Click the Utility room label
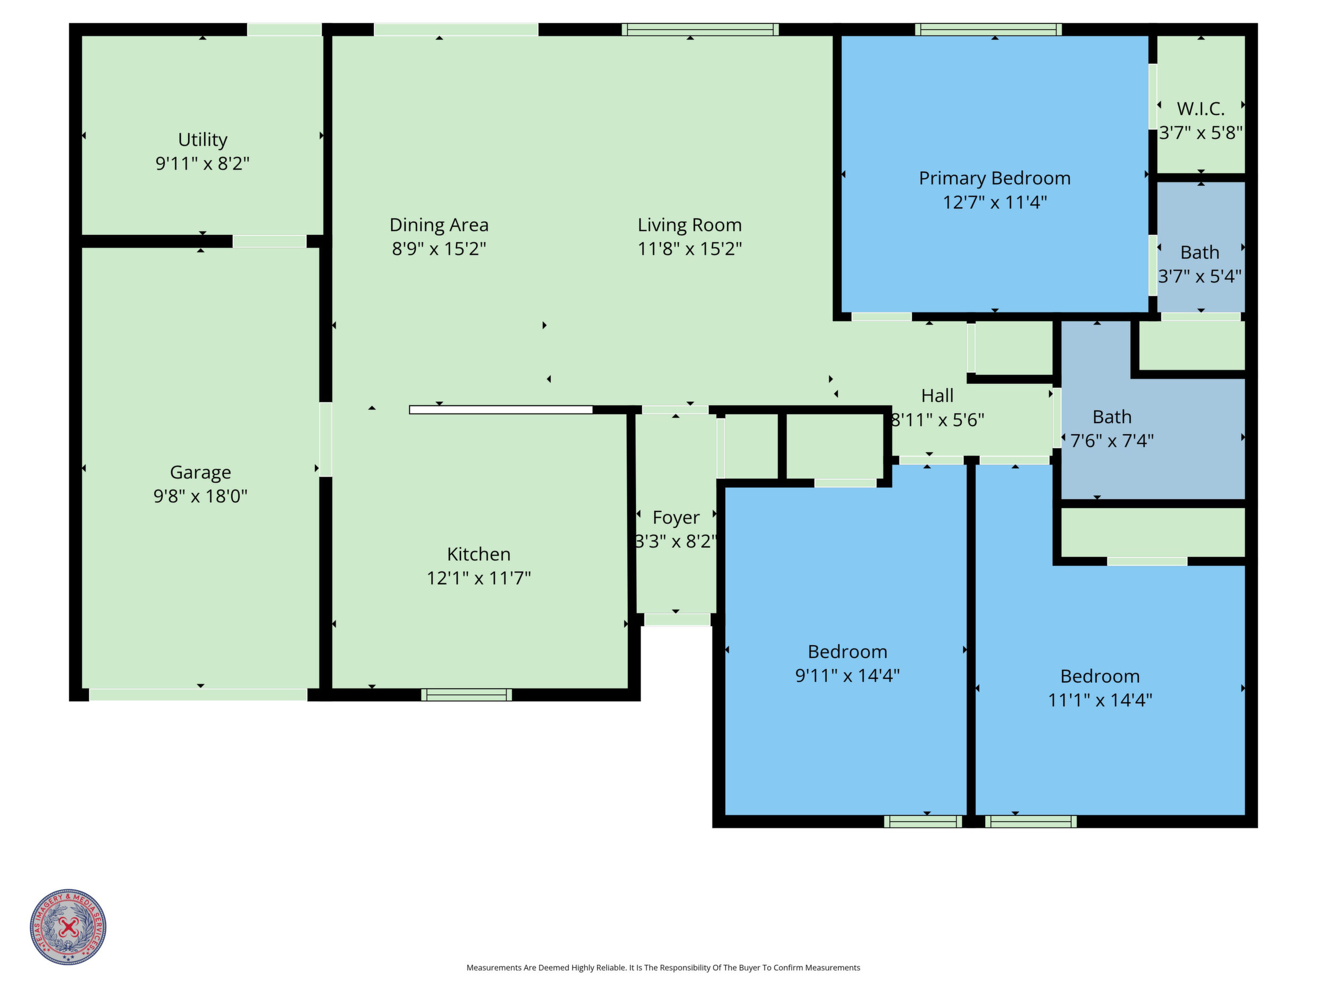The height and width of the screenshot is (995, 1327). pyautogui.click(x=203, y=140)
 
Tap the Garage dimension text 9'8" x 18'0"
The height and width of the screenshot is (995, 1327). pyautogui.click(x=200, y=496)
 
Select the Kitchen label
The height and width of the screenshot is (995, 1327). pyautogui.click(x=478, y=554)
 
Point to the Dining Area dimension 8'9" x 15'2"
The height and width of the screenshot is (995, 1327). pyautogui.click(x=439, y=248)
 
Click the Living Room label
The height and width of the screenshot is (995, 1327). pyautogui.click(x=690, y=225)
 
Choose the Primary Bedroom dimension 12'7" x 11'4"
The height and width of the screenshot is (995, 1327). pyautogui.click(x=995, y=202)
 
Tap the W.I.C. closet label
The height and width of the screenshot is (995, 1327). pyautogui.click(x=1201, y=108)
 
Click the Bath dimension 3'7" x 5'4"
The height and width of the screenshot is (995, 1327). pyautogui.click(x=1200, y=276)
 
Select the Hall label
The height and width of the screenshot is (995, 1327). pyautogui.click(x=937, y=396)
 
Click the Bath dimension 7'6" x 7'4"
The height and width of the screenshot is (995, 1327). pyautogui.click(x=1112, y=441)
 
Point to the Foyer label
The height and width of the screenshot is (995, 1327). pyautogui.click(x=676, y=518)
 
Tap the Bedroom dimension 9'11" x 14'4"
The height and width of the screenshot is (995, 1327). pyautogui.click(x=847, y=676)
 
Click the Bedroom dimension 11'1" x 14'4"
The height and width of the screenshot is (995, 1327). pyautogui.click(x=1100, y=700)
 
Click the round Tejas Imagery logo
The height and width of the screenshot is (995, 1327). pyautogui.click(x=69, y=926)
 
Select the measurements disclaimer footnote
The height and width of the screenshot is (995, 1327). pyautogui.click(x=664, y=967)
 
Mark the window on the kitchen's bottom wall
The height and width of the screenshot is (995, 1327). pyautogui.click(x=466, y=695)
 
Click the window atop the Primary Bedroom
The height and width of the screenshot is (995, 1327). pyautogui.click(x=989, y=29)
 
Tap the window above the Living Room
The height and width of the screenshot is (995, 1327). pyautogui.click(x=700, y=29)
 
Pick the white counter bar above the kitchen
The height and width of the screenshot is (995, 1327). pyautogui.click(x=501, y=410)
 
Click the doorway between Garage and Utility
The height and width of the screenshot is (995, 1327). pyautogui.click(x=270, y=241)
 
